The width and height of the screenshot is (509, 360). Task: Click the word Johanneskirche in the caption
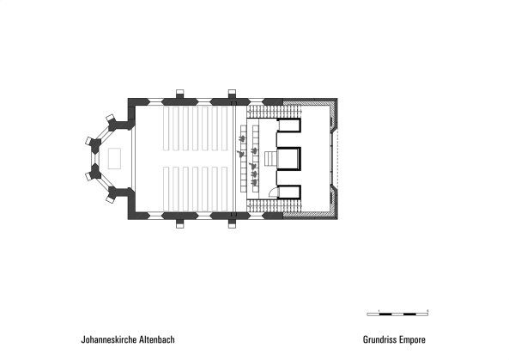click(x=109, y=339)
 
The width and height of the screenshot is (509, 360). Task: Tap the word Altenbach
click(x=157, y=339)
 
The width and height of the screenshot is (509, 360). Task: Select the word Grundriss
click(x=379, y=339)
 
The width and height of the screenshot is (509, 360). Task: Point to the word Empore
click(x=412, y=339)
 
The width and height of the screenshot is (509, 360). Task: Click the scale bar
click(x=397, y=314)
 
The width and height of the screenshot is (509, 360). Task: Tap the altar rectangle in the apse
click(x=114, y=159)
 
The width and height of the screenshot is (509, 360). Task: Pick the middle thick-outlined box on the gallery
click(x=288, y=159)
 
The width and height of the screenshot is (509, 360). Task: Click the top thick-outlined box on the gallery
click(x=288, y=125)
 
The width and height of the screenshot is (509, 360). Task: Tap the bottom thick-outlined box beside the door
click(x=288, y=192)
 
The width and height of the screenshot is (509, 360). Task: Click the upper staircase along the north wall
click(x=276, y=112)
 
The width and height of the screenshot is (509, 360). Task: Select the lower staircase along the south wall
click(x=276, y=205)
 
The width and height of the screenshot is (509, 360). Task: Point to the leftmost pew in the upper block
click(x=167, y=129)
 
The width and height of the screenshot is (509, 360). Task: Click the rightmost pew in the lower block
click(x=225, y=188)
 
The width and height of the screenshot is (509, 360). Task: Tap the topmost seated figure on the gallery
click(x=241, y=138)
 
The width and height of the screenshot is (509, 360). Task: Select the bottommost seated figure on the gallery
click(x=254, y=181)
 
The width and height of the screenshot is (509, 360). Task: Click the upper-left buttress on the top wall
click(x=180, y=94)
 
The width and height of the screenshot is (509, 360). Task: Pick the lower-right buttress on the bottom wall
click(x=232, y=224)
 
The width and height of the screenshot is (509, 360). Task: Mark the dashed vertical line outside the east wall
click(x=338, y=159)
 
